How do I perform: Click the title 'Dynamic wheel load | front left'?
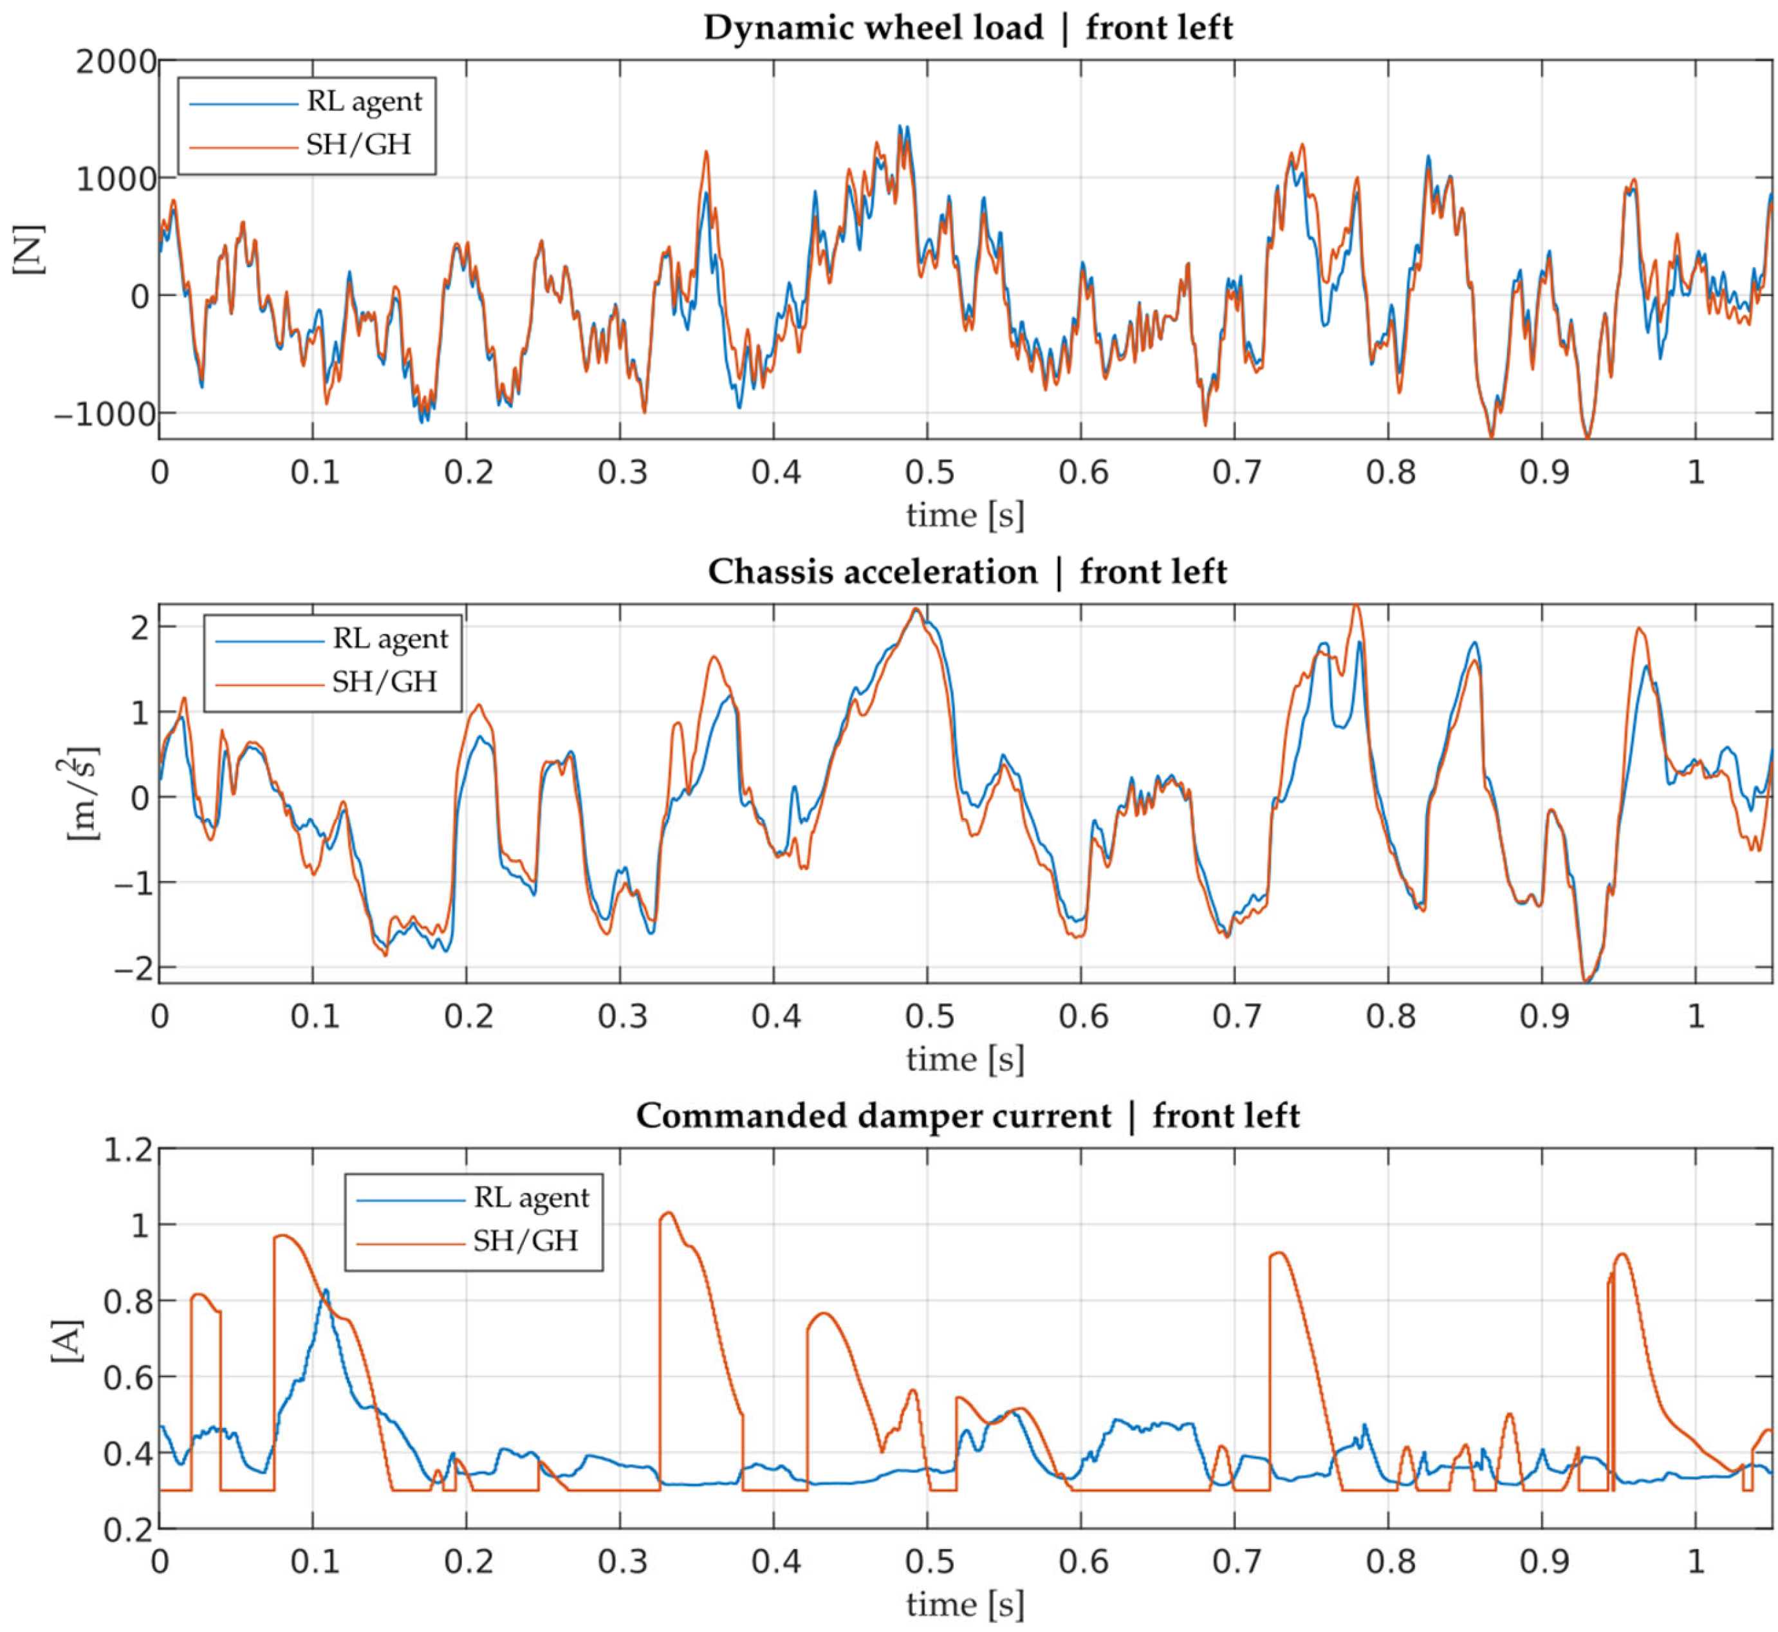(967, 28)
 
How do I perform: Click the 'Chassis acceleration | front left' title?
(967, 572)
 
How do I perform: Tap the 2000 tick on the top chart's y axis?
(116, 62)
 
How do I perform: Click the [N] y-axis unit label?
(28, 250)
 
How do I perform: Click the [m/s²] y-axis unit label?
(81, 795)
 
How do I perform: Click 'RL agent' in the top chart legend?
(364, 102)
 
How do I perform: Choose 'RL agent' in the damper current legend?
(531, 1198)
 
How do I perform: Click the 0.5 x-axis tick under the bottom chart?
(929, 1562)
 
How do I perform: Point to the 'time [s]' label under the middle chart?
(965, 1059)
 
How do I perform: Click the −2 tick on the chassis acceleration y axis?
(133, 969)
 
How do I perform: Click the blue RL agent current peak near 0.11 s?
(326, 1291)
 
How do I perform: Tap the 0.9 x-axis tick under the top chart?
(1544, 472)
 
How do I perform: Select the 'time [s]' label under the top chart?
(965, 515)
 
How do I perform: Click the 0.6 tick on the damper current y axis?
(128, 1378)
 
